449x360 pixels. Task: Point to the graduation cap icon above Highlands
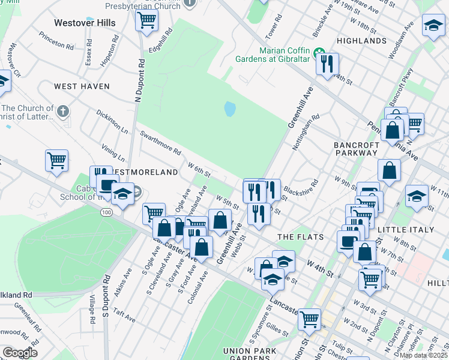tap(433, 26)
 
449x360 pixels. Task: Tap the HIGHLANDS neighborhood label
tap(361, 41)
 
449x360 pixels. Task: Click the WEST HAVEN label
tap(82, 86)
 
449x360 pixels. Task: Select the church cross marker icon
tap(62, 111)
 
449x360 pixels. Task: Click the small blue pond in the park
tap(230, 110)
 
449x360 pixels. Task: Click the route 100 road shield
tap(106, 213)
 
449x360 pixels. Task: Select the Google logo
tap(20, 353)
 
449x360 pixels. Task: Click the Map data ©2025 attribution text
tap(424, 355)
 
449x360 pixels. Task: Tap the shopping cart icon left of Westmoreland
tap(56, 160)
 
